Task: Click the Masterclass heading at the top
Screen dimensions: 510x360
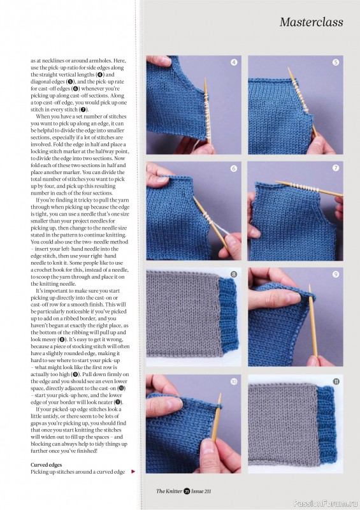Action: (x=311, y=22)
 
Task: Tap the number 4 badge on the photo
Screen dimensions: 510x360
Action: (x=234, y=62)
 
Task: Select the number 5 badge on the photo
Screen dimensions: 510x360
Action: (x=336, y=62)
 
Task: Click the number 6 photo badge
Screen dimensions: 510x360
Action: (x=234, y=168)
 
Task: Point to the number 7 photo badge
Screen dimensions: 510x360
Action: (x=336, y=168)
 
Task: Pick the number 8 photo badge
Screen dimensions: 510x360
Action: (x=234, y=275)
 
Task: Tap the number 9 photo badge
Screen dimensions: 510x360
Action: (x=336, y=275)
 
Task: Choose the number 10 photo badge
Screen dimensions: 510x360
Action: (x=234, y=382)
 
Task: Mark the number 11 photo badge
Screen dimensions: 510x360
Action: (x=336, y=382)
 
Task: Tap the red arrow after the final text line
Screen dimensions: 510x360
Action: (x=133, y=472)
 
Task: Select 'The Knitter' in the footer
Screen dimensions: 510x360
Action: (x=169, y=491)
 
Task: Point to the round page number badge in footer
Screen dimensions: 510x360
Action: (x=187, y=491)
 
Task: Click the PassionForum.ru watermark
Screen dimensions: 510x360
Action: (x=333, y=500)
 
